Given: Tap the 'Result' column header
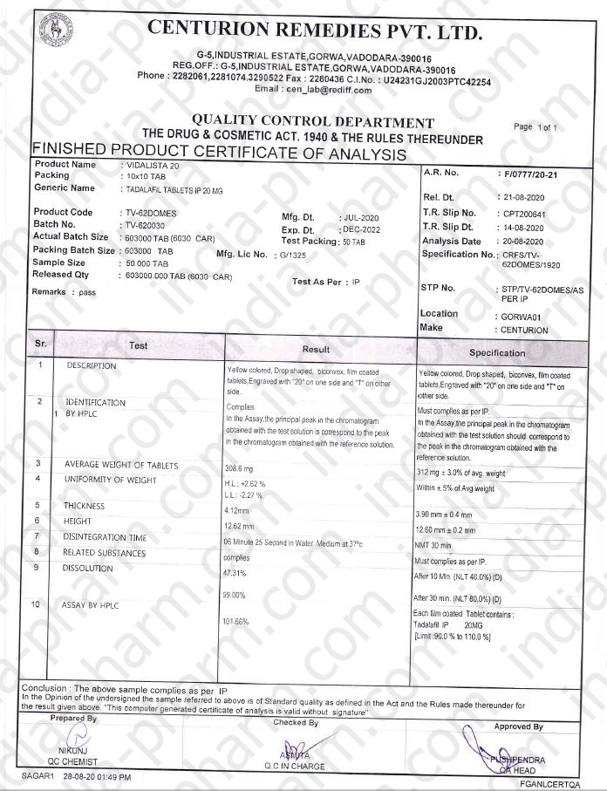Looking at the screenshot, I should (x=316, y=348).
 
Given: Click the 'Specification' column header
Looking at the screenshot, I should (x=497, y=352).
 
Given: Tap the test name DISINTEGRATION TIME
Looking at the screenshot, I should (x=105, y=537).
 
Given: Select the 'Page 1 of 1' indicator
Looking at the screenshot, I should (x=535, y=127).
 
